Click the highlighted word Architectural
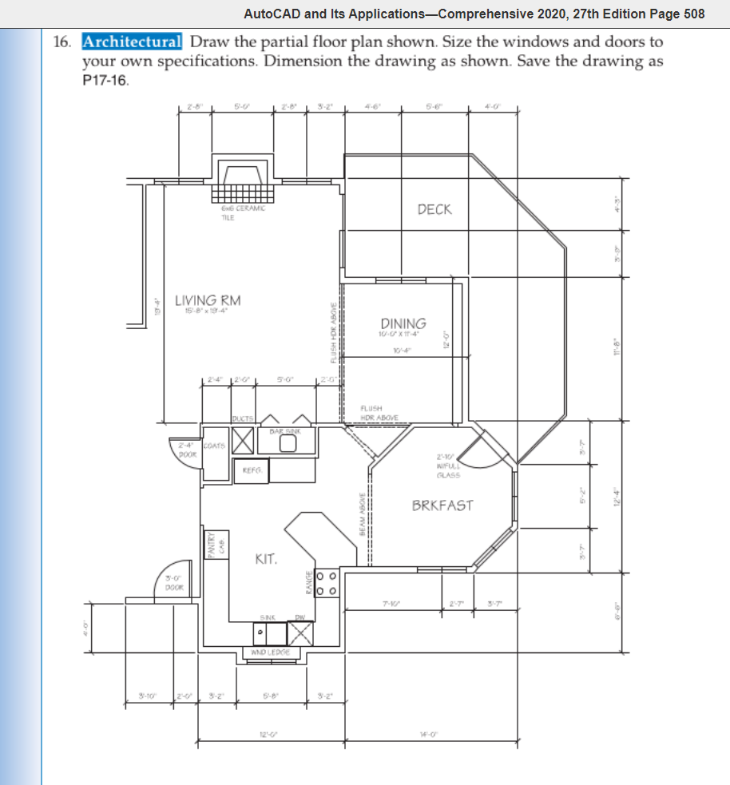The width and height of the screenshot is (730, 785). pyautogui.click(x=133, y=42)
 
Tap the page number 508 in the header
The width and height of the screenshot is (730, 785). pyautogui.click(x=688, y=14)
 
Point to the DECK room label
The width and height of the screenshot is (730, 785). pyautogui.click(x=434, y=209)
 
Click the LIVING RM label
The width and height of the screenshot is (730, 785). pyautogui.click(x=208, y=300)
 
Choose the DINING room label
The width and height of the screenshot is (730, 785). pyautogui.click(x=403, y=323)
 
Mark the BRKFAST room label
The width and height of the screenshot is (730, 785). pyautogui.click(x=442, y=505)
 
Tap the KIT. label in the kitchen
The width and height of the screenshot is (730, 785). pyautogui.click(x=265, y=560)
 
